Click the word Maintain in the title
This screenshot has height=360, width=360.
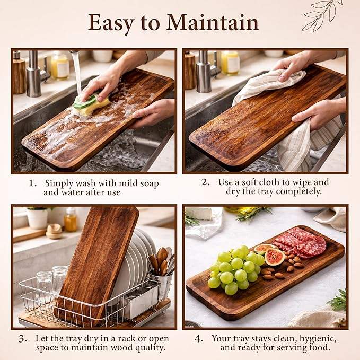213,22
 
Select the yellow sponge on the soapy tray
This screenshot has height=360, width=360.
92,104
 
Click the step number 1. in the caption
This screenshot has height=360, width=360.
33,183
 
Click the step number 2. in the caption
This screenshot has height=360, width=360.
206,182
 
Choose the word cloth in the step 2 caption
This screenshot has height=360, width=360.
268,182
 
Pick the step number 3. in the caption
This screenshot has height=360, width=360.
23,338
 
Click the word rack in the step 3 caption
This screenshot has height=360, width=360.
128,338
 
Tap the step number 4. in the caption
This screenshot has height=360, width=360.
199,338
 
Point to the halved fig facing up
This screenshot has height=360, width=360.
274,257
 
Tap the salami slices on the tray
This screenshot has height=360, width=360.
301,243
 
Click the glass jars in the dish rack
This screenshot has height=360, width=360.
52,284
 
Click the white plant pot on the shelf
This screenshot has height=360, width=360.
37,219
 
